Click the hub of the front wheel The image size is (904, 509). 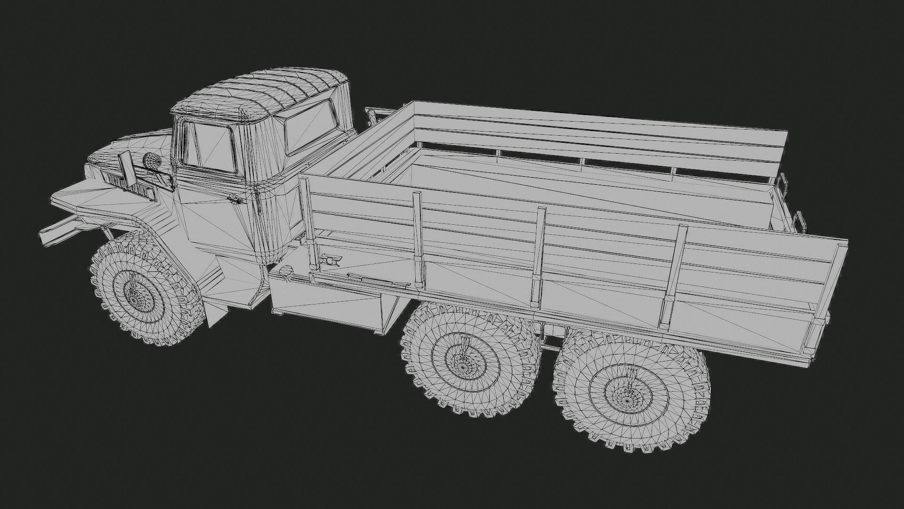137,296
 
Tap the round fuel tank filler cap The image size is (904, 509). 286,272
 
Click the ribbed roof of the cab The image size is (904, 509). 264,94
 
